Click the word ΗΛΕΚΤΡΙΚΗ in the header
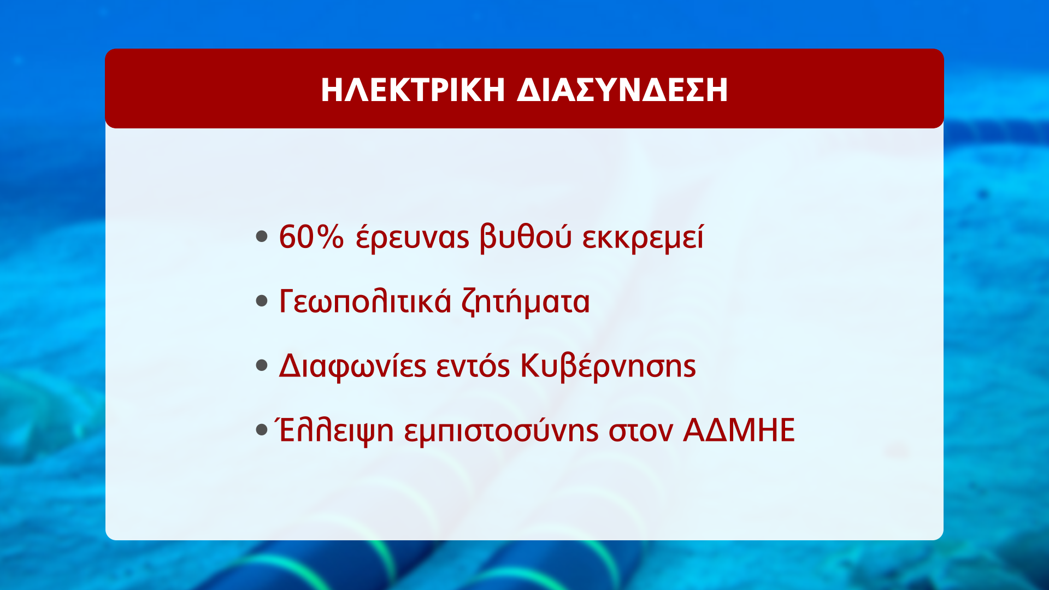tap(412, 90)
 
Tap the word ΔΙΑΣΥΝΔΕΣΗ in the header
tap(622, 90)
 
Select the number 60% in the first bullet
tap(311, 237)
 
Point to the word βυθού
tap(526, 237)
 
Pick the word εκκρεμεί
tap(643, 237)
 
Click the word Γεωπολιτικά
tap(366, 301)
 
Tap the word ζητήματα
tap(526, 302)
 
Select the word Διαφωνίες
tap(352, 365)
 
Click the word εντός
tap(473, 365)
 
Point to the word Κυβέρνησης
tap(608, 365)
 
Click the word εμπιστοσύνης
tap(502, 430)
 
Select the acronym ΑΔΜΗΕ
tap(739, 430)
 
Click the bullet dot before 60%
tap(262, 237)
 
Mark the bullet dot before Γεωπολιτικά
tap(262, 301)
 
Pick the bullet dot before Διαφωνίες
tap(262, 365)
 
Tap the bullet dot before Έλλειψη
tap(262, 430)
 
